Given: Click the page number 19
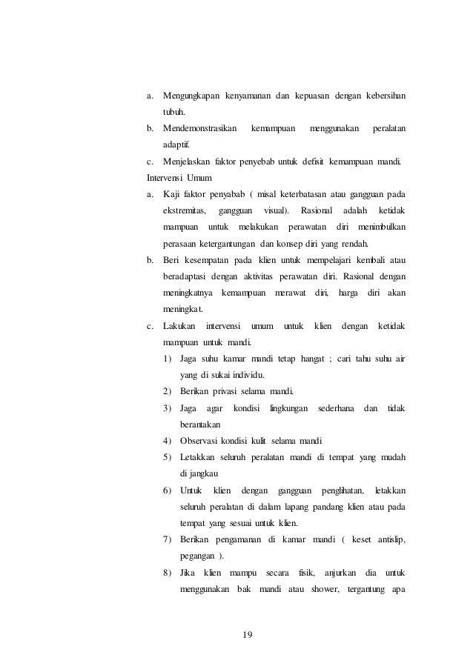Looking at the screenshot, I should (x=248, y=633).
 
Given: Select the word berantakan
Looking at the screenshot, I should (x=205, y=425).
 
